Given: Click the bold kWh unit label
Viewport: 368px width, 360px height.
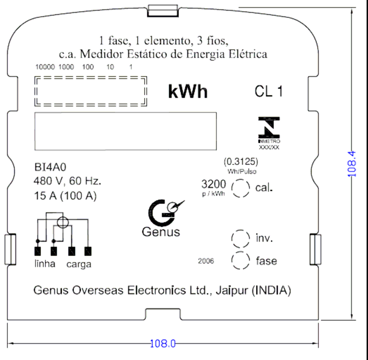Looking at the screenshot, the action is [x=188, y=91].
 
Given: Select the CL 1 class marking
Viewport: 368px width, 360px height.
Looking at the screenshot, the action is [x=269, y=91].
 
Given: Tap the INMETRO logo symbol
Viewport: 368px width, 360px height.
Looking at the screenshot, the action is [x=269, y=127].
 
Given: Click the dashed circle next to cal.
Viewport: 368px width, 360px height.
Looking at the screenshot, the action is [x=241, y=188].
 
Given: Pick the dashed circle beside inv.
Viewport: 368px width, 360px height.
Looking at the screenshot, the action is [x=241, y=239].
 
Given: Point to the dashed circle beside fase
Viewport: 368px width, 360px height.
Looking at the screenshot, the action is [x=241, y=261].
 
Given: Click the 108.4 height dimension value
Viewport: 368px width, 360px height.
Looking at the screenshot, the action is [x=352, y=164].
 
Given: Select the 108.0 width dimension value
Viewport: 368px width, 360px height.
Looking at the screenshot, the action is [x=163, y=344].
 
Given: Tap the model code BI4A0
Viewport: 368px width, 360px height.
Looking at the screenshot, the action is [x=50, y=167].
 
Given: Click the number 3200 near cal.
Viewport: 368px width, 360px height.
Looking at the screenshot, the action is [x=214, y=184].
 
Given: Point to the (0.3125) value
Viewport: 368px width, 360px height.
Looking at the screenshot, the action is [x=241, y=162].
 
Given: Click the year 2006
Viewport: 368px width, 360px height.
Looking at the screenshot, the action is [x=206, y=261].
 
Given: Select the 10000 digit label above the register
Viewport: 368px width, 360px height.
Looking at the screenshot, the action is [x=45, y=67].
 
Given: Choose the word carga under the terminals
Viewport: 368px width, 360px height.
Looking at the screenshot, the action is [x=79, y=264].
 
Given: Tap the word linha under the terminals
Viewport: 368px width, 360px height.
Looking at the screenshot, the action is [x=45, y=264].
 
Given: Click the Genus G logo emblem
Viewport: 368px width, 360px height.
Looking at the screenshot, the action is [x=165, y=213].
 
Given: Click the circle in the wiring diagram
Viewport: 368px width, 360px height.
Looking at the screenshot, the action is [x=63, y=223].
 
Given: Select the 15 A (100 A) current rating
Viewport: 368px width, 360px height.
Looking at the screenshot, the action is [x=65, y=196].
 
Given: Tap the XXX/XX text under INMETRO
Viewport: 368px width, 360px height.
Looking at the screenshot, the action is [x=269, y=147].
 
